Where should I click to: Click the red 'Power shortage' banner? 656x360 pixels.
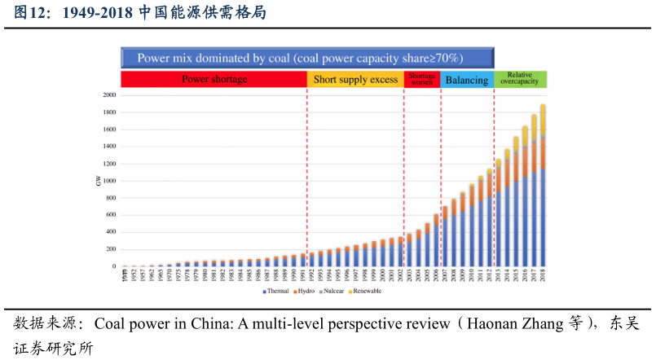214,80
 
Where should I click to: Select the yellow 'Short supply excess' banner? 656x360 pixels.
355,80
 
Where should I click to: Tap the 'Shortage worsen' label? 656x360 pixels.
422,79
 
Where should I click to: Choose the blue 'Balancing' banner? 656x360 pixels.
467,80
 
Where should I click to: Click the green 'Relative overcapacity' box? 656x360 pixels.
520,79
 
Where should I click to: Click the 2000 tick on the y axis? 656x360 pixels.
109,94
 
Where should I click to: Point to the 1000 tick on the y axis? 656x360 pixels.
109,181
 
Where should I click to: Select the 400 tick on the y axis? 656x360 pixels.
111,232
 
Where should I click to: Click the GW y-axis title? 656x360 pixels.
99,180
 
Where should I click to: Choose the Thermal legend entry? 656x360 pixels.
277,291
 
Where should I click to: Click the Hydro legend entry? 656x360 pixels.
306,291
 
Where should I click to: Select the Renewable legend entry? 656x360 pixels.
366,291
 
